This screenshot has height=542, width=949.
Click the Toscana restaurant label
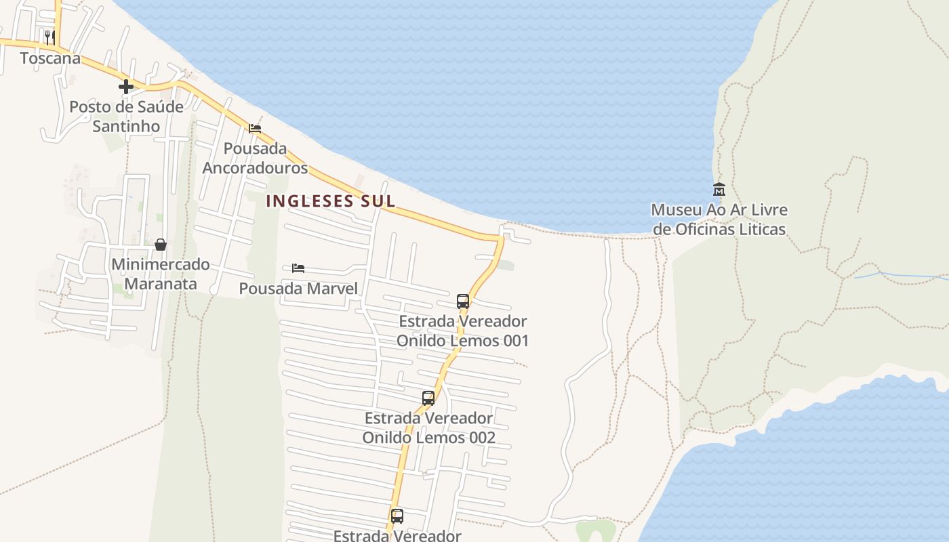point(50,58)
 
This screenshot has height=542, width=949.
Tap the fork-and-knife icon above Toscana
point(49,37)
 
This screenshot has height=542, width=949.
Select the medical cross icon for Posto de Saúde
point(125,87)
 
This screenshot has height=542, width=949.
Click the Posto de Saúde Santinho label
point(126,116)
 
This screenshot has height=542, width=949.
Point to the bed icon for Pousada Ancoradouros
point(255,129)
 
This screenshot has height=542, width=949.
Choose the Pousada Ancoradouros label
point(255,158)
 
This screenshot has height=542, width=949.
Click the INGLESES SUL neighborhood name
point(331,201)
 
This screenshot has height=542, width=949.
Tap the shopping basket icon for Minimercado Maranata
point(161,245)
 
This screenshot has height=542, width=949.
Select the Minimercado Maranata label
point(161,274)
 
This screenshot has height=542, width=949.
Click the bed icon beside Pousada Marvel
point(298,268)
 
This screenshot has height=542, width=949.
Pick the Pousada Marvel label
point(298,289)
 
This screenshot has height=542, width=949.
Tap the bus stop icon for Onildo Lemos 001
point(463,301)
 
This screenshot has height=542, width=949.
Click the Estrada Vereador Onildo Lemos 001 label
point(463,331)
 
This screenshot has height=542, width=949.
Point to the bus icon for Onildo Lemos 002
point(428,398)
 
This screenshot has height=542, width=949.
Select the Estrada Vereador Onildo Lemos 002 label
point(428,428)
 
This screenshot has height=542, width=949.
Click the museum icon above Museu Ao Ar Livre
point(719,189)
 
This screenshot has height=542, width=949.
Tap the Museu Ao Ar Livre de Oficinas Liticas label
point(719,220)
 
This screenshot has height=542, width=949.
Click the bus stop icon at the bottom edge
point(397,516)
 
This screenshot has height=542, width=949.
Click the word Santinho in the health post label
point(126,126)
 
